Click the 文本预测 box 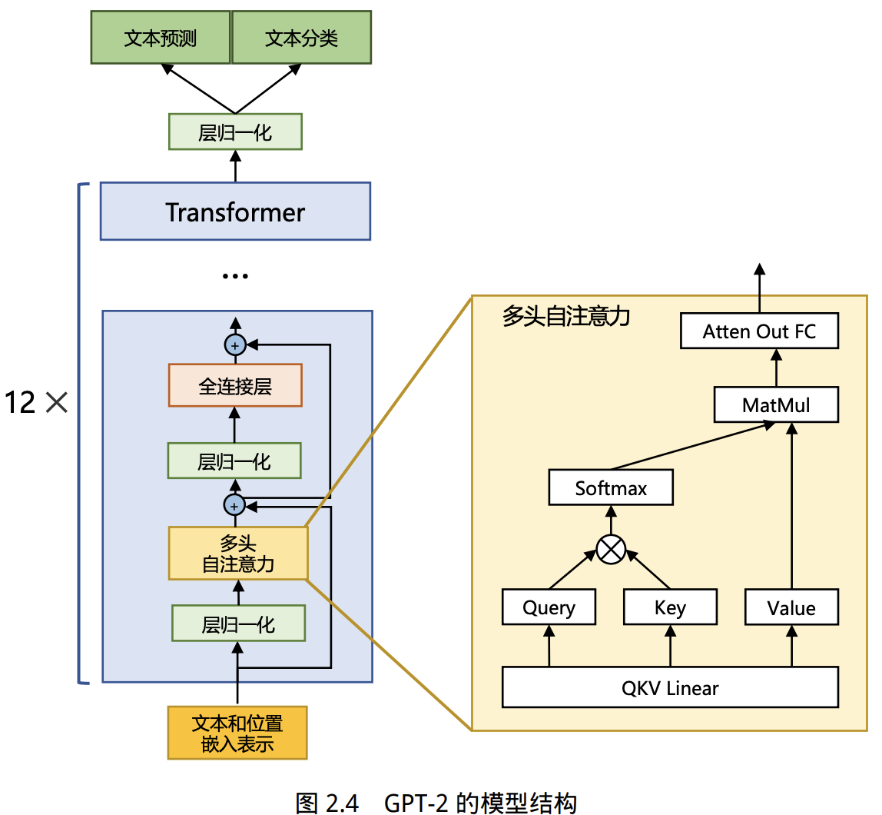[x=161, y=38]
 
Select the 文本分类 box [x=301, y=38]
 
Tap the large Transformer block [x=235, y=211]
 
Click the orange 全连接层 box [x=235, y=385]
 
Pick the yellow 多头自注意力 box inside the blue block [x=237, y=554]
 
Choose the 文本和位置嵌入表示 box [x=237, y=733]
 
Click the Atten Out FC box [x=759, y=331]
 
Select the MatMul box [x=776, y=404]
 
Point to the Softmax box [x=611, y=488]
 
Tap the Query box [x=549, y=607]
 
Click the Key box [x=670, y=607]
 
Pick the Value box [x=791, y=608]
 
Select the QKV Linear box [x=670, y=687]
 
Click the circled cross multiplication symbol [x=612, y=550]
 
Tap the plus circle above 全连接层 [x=235, y=345]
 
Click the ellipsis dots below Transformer [x=235, y=276]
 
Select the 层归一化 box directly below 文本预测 [x=235, y=132]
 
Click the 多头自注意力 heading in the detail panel [x=566, y=316]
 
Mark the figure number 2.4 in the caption [x=341, y=803]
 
